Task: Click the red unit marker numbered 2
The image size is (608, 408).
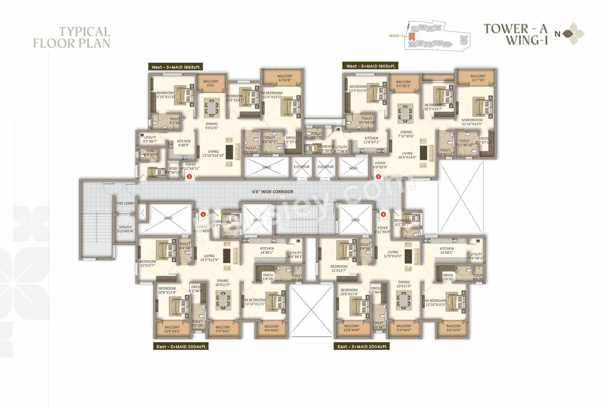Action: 189,177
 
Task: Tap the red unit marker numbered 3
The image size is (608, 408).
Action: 378,177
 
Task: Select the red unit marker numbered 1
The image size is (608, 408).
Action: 203,214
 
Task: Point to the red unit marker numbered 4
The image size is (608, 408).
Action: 383,214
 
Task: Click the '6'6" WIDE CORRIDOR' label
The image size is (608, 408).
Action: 273,192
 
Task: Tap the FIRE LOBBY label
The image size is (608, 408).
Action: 125,204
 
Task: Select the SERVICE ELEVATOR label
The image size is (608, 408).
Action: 125,229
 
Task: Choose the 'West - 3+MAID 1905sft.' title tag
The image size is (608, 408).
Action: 370,66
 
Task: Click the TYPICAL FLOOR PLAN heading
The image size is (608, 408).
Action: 71,38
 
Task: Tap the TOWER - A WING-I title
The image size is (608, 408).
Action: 516,34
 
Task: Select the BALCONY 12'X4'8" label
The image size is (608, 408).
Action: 285,78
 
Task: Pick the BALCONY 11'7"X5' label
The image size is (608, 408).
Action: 478,78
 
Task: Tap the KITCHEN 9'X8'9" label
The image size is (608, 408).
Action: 183,143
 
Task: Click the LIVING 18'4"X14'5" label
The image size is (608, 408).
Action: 408,155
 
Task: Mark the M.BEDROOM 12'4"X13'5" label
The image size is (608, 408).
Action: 272,95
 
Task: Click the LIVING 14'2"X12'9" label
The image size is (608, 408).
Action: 209,258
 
